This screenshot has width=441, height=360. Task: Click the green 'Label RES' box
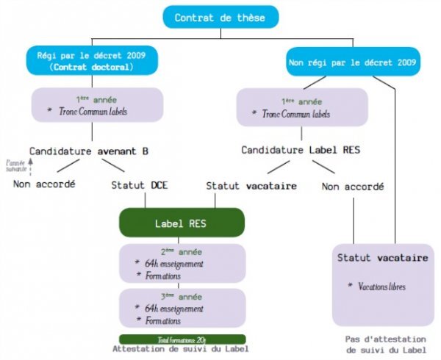pyautogui.click(x=181, y=223)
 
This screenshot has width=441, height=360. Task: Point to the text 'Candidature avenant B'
pyautogui.click(x=89, y=151)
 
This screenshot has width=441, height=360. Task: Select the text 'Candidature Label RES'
pyautogui.click(x=301, y=150)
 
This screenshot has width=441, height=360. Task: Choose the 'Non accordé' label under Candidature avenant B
pyautogui.click(x=44, y=184)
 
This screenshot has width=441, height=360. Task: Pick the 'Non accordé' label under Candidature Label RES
pyautogui.click(x=353, y=187)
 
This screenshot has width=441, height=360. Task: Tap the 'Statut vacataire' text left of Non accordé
pyautogui.click(x=251, y=186)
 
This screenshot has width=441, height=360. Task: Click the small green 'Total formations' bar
pyautogui.click(x=181, y=339)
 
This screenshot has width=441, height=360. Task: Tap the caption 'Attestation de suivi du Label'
pyautogui.click(x=181, y=349)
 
